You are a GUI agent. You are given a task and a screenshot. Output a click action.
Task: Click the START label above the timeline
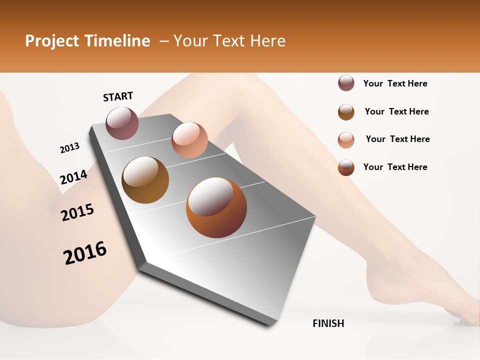pyautogui.click(x=118, y=96)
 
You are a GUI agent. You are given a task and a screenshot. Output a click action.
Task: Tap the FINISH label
pyautogui.click(x=328, y=323)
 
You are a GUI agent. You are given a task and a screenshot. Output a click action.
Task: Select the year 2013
pyautogui.click(x=69, y=148)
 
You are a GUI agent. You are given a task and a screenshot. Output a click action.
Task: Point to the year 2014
pyautogui.click(x=73, y=177)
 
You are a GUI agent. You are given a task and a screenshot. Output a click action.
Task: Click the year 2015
pyautogui.click(x=77, y=212)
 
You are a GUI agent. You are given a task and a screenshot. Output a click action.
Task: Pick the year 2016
pyautogui.click(x=85, y=252)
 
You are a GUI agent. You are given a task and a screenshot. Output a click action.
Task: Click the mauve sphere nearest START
pyautogui.click(x=122, y=123)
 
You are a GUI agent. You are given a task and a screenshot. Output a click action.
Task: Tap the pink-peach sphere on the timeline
pyautogui.click(x=189, y=139)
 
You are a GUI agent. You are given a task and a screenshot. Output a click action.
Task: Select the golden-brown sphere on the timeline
pyautogui.click(x=145, y=179)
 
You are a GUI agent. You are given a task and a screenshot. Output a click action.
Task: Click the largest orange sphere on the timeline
pyautogui.click(x=216, y=207)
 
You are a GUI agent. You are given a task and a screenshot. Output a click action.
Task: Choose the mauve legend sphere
pyautogui.click(x=346, y=83)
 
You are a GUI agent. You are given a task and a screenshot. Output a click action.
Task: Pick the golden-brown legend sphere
pyautogui.click(x=346, y=111)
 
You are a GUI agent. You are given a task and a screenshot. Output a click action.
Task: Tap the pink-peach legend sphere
pyautogui.click(x=346, y=139)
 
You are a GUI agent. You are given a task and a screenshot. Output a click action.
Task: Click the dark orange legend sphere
pyautogui.click(x=346, y=167)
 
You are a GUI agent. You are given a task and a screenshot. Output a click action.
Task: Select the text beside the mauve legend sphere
pyautogui.click(x=395, y=83)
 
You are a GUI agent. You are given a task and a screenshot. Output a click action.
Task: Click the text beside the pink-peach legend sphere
pyautogui.click(x=397, y=139)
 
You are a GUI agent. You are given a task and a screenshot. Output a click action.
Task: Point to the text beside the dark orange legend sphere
pyautogui.click(x=395, y=167)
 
